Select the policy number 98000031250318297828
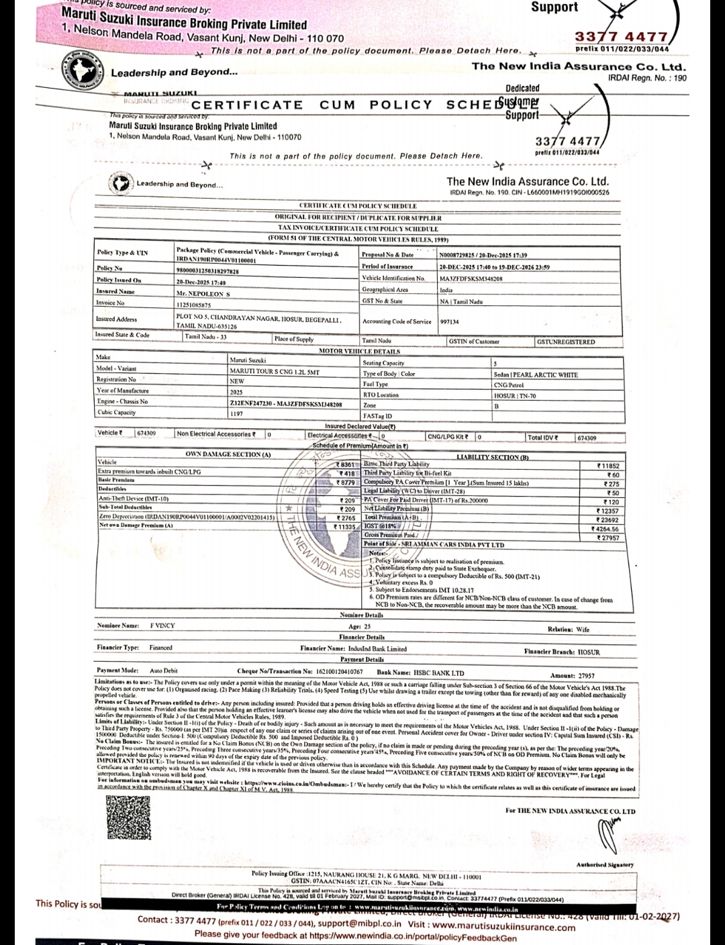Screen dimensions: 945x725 tap(207, 270)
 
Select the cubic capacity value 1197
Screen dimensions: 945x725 tap(236, 413)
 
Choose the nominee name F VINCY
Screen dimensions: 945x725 tap(162, 626)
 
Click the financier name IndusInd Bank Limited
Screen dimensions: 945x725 tap(377, 649)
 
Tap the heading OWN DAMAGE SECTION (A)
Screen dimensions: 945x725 tap(228, 454)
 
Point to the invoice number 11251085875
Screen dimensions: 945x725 tap(193, 305)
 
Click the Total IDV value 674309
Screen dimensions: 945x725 tap(587, 438)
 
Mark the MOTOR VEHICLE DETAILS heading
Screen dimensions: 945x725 tap(359, 351)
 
